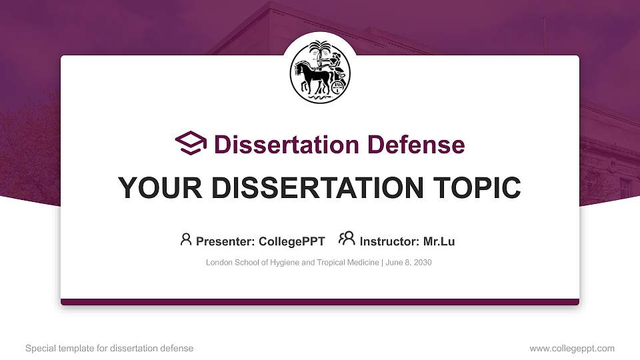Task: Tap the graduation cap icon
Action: click(191, 143)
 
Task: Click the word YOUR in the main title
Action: click(151, 188)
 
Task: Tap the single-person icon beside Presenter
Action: click(186, 239)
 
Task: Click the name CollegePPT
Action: click(293, 241)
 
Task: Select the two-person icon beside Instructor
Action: click(347, 239)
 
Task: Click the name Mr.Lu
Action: click(439, 241)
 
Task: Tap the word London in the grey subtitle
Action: click(219, 263)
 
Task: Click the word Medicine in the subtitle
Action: click(361, 263)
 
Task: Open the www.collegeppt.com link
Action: click(572, 348)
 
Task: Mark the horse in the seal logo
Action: click(312, 75)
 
